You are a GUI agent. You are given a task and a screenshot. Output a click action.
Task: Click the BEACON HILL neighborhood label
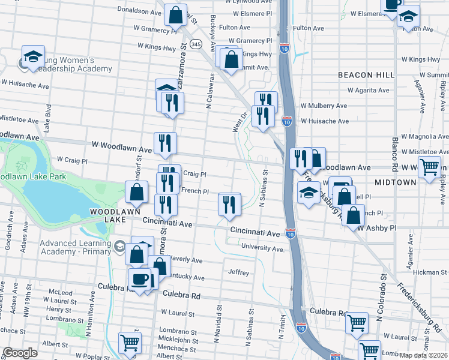click(x=366, y=75)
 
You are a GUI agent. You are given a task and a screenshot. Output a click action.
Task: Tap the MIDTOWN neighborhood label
click(x=395, y=182)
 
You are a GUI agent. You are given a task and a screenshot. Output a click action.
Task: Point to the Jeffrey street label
click(x=239, y=272)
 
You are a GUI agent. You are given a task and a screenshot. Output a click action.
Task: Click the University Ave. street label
click(x=262, y=248)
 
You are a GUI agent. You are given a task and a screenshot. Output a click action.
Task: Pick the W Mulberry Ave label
click(x=324, y=106)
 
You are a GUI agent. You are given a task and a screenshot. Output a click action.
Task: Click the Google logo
click(x=20, y=353)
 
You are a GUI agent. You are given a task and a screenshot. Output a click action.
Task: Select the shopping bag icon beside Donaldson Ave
click(x=175, y=16)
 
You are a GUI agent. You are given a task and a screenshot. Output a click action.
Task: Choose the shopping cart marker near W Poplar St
click(x=130, y=343)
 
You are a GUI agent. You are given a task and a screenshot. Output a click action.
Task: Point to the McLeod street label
click(x=61, y=293)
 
